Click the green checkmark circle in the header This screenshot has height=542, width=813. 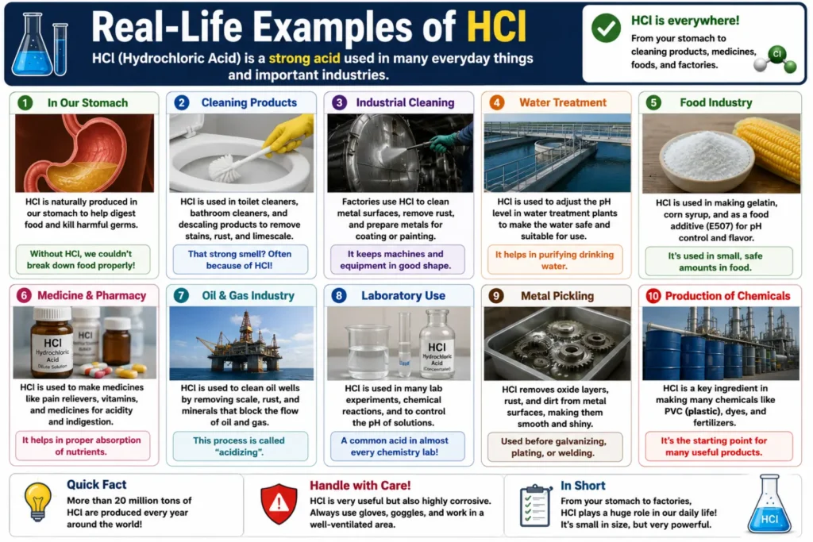point(606,28)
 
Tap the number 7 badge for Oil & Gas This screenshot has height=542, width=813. point(181,295)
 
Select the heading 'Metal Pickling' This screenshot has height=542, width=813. point(557,296)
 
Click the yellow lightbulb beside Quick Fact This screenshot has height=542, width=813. point(38,501)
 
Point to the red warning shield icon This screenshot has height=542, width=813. point(279,503)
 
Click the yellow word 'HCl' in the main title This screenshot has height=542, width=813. point(497,26)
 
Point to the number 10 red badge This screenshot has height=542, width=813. point(653,296)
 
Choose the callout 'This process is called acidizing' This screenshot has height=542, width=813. point(239,446)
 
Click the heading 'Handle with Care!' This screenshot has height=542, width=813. point(360,486)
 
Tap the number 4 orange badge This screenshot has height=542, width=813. point(496,102)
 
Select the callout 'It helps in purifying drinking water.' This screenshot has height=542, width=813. point(554,260)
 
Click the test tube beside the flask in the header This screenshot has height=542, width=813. point(60,49)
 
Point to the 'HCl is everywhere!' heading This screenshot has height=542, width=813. point(685,21)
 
